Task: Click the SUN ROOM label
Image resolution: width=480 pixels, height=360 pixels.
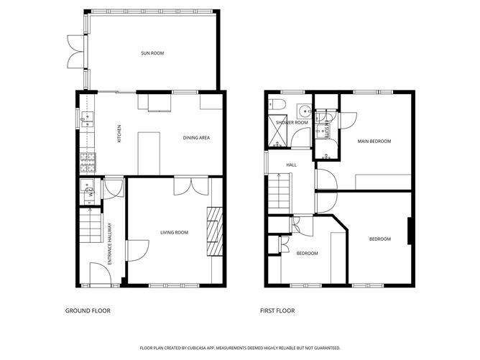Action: [152, 52]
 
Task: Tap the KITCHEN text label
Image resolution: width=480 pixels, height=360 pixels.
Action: [119, 134]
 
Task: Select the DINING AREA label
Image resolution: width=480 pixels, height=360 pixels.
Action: [195, 137]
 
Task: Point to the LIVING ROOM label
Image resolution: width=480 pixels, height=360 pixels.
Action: [174, 232]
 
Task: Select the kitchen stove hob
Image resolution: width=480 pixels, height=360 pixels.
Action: [88, 162]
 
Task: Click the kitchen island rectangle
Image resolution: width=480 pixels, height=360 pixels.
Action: [149, 152]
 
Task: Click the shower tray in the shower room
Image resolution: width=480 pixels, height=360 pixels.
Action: [277, 131]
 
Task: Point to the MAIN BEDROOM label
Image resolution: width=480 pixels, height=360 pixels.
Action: [374, 142]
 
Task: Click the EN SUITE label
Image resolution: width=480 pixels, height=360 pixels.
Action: [326, 128]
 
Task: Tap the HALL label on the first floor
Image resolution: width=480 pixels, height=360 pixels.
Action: [292, 165]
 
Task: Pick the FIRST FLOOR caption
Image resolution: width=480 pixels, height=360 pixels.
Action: [277, 311]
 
